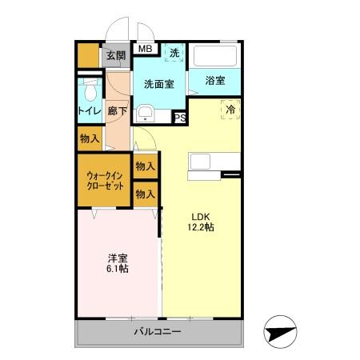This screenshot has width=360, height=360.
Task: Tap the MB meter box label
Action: coord(145,50)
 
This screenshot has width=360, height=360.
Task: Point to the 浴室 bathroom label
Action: coord(214,81)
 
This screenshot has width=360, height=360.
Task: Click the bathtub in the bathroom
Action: coord(214,56)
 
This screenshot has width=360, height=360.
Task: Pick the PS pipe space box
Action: coord(180,118)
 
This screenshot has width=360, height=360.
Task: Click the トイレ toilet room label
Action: coord(89,111)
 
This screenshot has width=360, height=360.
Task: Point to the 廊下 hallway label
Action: coord(117,111)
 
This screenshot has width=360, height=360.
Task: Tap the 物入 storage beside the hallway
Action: coord(90,138)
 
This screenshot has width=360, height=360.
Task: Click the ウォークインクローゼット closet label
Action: coord(105,180)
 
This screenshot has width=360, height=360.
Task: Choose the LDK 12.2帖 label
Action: coord(201,222)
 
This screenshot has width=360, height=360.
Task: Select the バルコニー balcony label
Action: coord(158,332)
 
